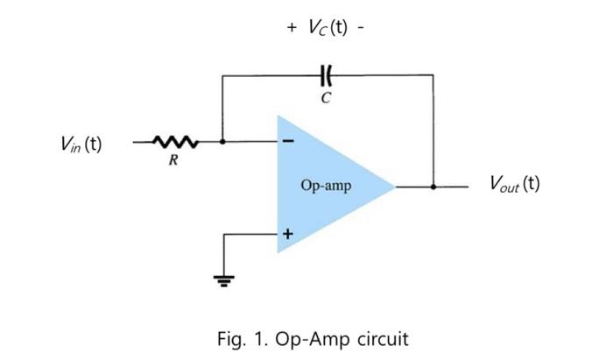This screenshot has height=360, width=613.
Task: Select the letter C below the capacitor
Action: [326, 98]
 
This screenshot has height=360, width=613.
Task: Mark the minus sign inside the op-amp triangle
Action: [288, 141]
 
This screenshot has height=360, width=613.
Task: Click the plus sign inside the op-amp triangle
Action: [287, 234]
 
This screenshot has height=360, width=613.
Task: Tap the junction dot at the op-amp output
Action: [433, 187]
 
